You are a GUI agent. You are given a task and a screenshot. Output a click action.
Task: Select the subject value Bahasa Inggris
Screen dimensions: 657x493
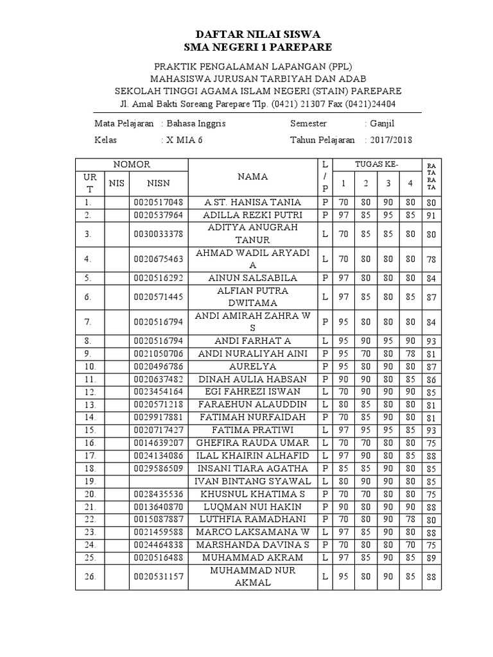pos(196,123)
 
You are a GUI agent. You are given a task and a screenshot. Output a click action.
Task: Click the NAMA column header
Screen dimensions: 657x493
pos(252,176)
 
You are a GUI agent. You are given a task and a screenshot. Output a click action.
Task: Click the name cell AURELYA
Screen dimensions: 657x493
pos(252,366)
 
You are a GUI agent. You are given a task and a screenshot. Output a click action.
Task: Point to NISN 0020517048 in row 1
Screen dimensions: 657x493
pos(159,202)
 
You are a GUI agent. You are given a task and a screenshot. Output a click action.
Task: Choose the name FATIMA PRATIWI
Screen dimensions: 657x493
pos(252,430)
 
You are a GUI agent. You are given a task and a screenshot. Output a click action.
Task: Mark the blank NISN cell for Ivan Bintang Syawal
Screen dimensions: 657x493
pos(159,481)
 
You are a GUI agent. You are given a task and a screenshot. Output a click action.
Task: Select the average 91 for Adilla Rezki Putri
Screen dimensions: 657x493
pos(430,216)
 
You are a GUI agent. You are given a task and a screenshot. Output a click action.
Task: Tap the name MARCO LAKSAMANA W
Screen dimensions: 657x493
pos(252,532)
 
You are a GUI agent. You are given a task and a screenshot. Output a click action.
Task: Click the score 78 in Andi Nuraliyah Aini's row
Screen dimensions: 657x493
pos(410,354)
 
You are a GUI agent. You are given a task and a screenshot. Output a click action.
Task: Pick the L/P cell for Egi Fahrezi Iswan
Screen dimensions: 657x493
pos(325,392)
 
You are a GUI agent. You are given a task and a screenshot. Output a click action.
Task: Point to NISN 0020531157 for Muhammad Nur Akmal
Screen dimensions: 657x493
pos(159,577)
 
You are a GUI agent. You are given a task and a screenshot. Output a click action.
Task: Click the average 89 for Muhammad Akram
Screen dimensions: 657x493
pos(430,558)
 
